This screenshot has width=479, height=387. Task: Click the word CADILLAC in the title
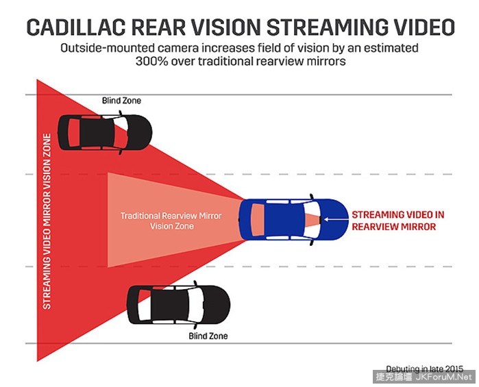click(x=76, y=27)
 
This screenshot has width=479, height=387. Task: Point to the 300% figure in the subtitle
click(x=152, y=61)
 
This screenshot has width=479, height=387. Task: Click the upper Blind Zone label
click(x=121, y=101)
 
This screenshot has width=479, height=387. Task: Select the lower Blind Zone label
click(x=208, y=336)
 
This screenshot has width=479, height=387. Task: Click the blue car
click(x=293, y=219)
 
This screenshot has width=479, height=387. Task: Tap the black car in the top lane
click(x=105, y=133)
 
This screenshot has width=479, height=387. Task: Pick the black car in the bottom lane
click(x=178, y=305)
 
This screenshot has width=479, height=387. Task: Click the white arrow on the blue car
click(x=336, y=219)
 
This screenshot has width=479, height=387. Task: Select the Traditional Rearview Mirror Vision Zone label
click(x=171, y=221)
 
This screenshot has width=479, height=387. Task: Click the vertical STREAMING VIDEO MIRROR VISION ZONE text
click(x=47, y=221)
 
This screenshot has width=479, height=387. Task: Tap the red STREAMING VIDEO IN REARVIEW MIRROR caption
click(x=397, y=221)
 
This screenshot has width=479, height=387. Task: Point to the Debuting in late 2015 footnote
click(x=425, y=369)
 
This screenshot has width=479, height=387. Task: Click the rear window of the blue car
click(x=258, y=220)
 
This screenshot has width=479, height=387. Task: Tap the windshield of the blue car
click(x=310, y=220)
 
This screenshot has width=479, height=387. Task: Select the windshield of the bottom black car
click(x=195, y=305)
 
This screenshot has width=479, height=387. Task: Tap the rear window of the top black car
click(x=73, y=132)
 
